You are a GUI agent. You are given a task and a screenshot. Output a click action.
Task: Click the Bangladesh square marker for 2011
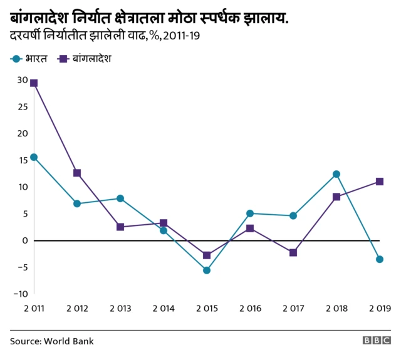click(x=34, y=83)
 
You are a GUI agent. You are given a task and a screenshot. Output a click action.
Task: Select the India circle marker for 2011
click(x=34, y=157)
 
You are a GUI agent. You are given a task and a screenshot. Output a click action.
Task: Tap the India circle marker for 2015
click(x=207, y=270)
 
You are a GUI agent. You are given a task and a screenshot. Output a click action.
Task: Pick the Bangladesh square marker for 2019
click(x=380, y=182)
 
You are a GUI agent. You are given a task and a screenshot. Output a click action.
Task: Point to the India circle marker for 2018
click(x=336, y=174)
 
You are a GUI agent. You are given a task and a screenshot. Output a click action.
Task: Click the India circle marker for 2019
click(x=380, y=259)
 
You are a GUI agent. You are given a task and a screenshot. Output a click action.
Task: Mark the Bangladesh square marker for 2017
click(x=293, y=252)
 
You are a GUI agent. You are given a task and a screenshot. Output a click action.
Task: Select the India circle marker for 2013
click(x=120, y=198)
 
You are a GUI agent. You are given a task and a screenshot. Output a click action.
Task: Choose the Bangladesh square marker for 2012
click(x=77, y=173)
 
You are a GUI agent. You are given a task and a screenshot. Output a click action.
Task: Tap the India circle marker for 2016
click(x=250, y=213)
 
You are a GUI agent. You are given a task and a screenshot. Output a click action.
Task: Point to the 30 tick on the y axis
click(x=23, y=80)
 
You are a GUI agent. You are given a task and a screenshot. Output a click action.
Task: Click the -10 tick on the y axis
click(x=21, y=294)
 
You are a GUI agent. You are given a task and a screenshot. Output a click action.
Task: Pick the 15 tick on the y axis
click(x=23, y=160)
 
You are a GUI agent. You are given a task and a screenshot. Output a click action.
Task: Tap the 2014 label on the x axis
click(x=163, y=309)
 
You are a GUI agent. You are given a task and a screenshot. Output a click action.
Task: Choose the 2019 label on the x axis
click(x=379, y=309)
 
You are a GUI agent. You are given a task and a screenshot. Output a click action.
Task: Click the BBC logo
click(x=376, y=341)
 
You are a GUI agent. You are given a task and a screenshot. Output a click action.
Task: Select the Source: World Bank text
click(x=51, y=341)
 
